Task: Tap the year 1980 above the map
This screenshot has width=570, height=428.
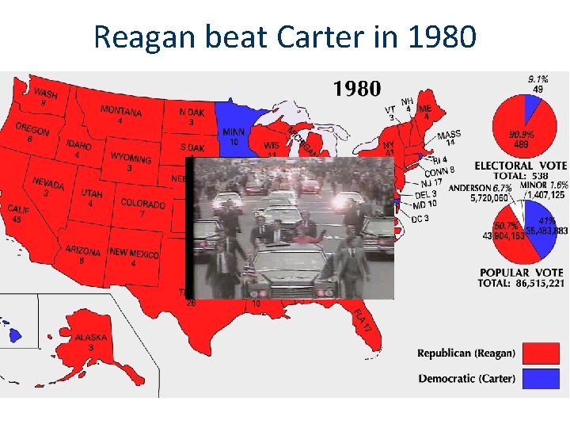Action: click(x=356, y=88)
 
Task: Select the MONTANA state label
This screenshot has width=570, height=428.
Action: click(x=121, y=112)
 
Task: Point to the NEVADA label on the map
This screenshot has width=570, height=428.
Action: click(x=48, y=184)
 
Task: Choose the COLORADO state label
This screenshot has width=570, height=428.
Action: click(x=142, y=204)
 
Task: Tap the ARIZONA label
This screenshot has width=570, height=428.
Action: click(x=82, y=251)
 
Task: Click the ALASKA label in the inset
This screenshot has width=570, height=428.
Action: click(x=91, y=338)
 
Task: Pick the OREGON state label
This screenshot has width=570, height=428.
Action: click(x=32, y=130)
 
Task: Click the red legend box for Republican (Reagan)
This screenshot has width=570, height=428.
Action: click(x=541, y=353)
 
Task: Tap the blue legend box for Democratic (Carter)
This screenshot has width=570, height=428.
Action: click(x=541, y=378)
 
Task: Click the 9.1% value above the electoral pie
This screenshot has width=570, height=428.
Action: click(x=538, y=79)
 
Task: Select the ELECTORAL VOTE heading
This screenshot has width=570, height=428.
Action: click(x=520, y=165)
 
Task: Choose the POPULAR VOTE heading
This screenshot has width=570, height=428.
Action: click(x=522, y=272)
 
